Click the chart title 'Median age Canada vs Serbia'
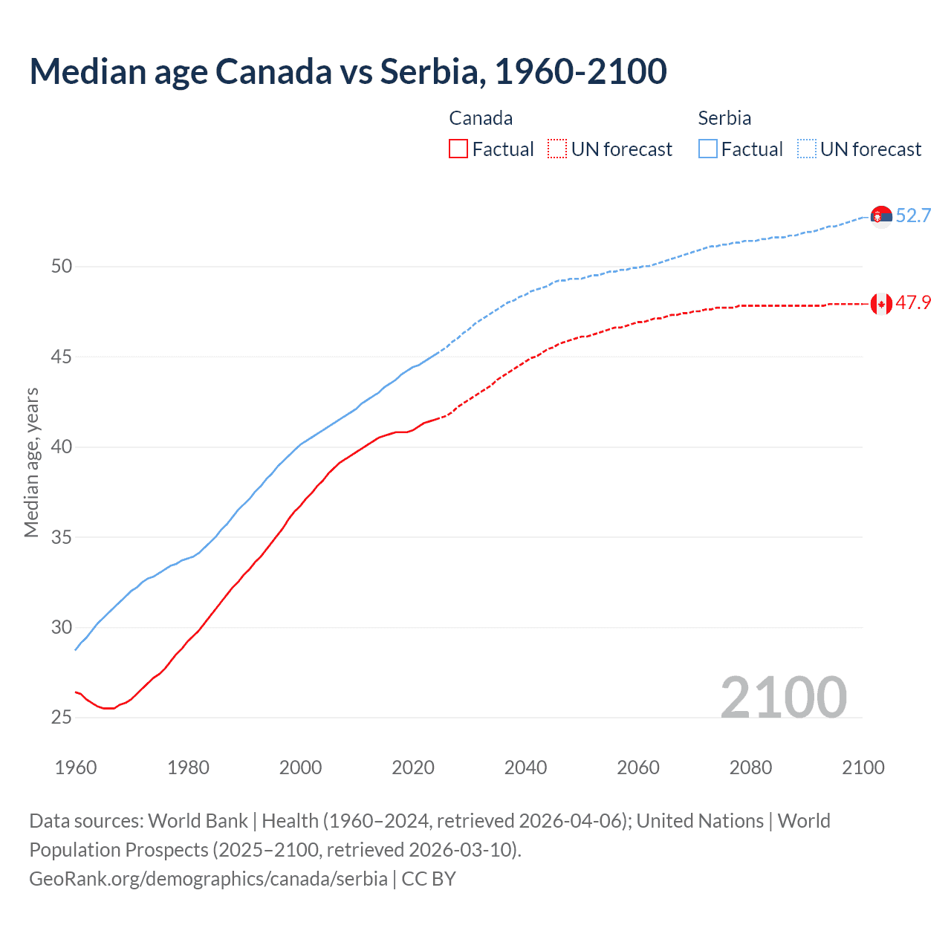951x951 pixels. tap(348, 71)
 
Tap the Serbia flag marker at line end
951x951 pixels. tap(881, 216)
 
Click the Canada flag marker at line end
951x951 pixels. tap(881, 303)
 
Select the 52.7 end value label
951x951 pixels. tap(913, 216)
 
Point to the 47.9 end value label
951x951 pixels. tap(913, 303)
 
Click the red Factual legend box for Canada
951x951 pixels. tap(458, 149)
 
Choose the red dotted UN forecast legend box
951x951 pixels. tap(557, 149)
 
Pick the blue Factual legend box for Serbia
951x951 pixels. tap(708, 149)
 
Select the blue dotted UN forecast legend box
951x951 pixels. tap(807, 149)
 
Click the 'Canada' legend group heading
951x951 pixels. tap(481, 118)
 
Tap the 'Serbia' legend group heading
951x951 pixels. tap(724, 118)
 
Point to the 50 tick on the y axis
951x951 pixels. tap(62, 266)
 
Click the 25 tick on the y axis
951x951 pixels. tap(62, 717)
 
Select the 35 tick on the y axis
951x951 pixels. tap(62, 536)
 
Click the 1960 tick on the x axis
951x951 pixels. tap(76, 767)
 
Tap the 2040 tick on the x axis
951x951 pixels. tap(525, 767)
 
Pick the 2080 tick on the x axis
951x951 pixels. tap(750, 767)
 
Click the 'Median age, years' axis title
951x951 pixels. tap(31, 462)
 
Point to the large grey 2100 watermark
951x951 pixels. tap(783, 697)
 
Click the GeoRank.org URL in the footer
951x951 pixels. tap(208, 879)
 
